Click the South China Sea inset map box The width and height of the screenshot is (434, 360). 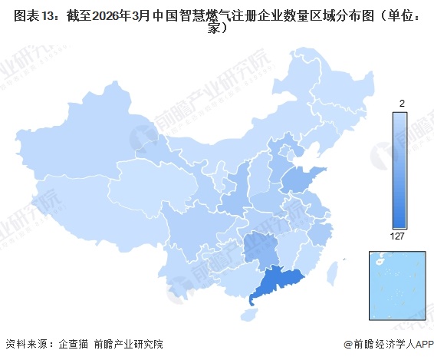396,285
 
